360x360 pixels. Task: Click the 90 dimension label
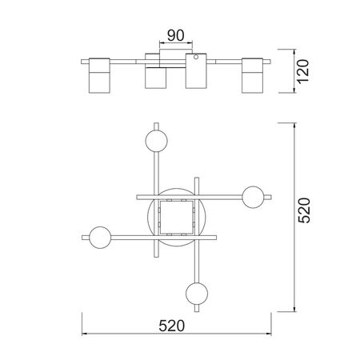click(x=175, y=35)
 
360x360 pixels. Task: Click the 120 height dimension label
click(x=303, y=71)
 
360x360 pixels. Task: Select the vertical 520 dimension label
click(x=304, y=210)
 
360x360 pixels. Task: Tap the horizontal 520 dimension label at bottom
click(x=172, y=326)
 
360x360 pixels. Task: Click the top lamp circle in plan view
click(x=157, y=141)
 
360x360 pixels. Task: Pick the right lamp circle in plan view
click(x=253, y=197)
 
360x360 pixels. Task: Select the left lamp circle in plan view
click(x=100, y=238)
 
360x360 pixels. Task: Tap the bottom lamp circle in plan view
click(x=197, y=294)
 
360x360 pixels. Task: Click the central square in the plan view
click(x=177, y=218)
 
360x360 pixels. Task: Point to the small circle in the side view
click(x=196, y=57)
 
